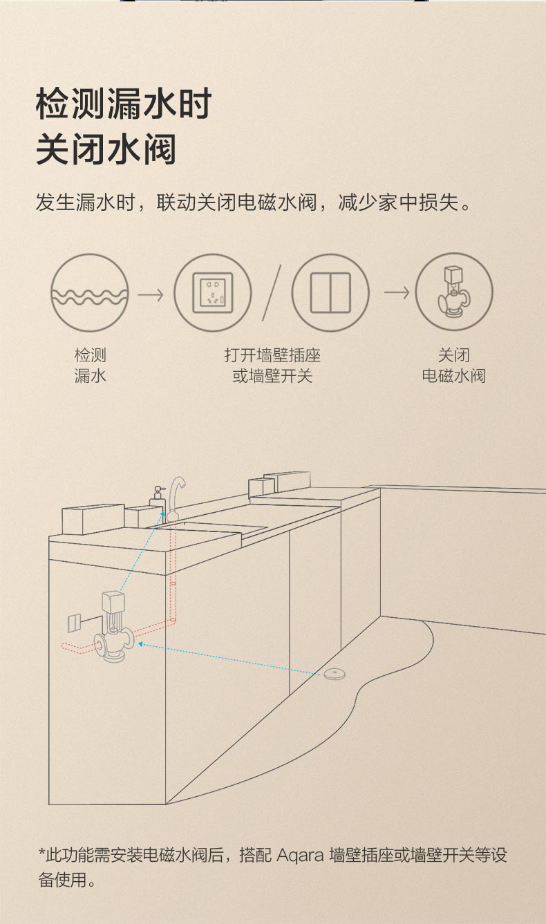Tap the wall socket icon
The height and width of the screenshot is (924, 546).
[213, 292]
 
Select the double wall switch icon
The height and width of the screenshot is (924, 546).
[330, 292]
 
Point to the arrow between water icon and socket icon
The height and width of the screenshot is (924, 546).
[151, 295]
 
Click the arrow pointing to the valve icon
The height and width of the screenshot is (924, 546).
[397, 292]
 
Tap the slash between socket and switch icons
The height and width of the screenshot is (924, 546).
[272, 292]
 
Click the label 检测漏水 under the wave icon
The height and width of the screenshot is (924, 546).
[91, 366]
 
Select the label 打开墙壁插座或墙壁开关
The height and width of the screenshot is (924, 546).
[272, 366]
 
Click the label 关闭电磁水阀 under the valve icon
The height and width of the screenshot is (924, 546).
[453, 366]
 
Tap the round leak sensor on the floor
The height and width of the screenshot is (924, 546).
[335, 674]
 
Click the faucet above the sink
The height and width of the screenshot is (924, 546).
[176, 498]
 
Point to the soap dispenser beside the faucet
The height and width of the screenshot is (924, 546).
[157, 500]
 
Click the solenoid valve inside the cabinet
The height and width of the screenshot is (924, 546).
[114, 626]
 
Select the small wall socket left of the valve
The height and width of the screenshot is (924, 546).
[74, 623]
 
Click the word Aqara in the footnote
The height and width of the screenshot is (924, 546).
[300, 855]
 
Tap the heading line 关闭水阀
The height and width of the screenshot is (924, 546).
[106, 149]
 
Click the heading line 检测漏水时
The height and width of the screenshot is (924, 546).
[124, 104]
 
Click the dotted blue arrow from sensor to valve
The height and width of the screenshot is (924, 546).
[229, 659]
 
